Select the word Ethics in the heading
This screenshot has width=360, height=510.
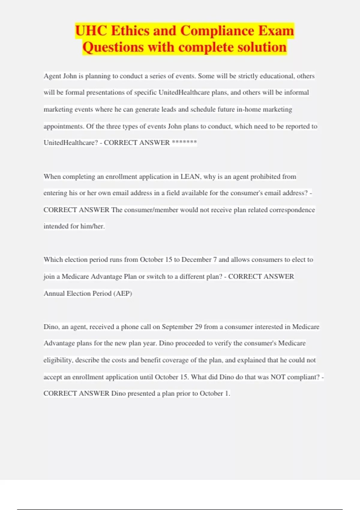tap(129, 31)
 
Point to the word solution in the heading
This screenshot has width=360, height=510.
tap(261, 47)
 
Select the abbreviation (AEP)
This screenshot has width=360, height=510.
tap(122, 293)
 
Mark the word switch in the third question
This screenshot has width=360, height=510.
tap(156, 277)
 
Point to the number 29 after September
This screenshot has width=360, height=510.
tap(198, 327)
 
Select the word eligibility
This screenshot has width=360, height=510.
tap(58, 360)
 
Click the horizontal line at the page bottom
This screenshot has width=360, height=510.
tap(180, 509)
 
